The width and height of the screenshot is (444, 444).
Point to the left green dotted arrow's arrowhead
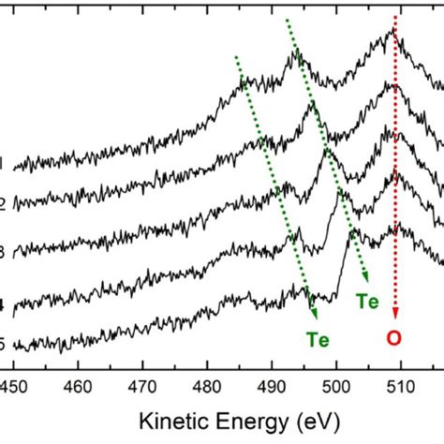tap(315, 317)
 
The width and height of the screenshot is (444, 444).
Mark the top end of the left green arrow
tap(236, 54)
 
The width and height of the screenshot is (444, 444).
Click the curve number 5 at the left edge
tap(4, 344)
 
